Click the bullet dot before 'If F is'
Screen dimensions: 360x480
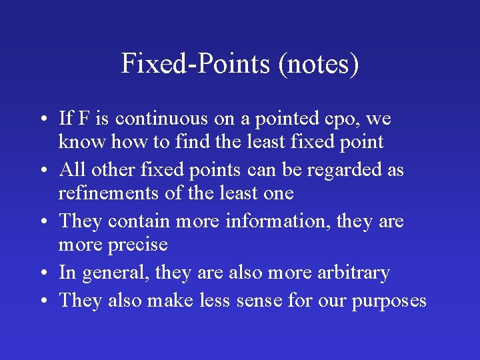pyautogui.click(x=42, y=120)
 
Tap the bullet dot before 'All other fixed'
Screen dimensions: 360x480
pyautogui.click(x=42, y=171)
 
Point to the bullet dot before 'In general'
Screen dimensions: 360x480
pyautogui.click(x=42, y=273)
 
